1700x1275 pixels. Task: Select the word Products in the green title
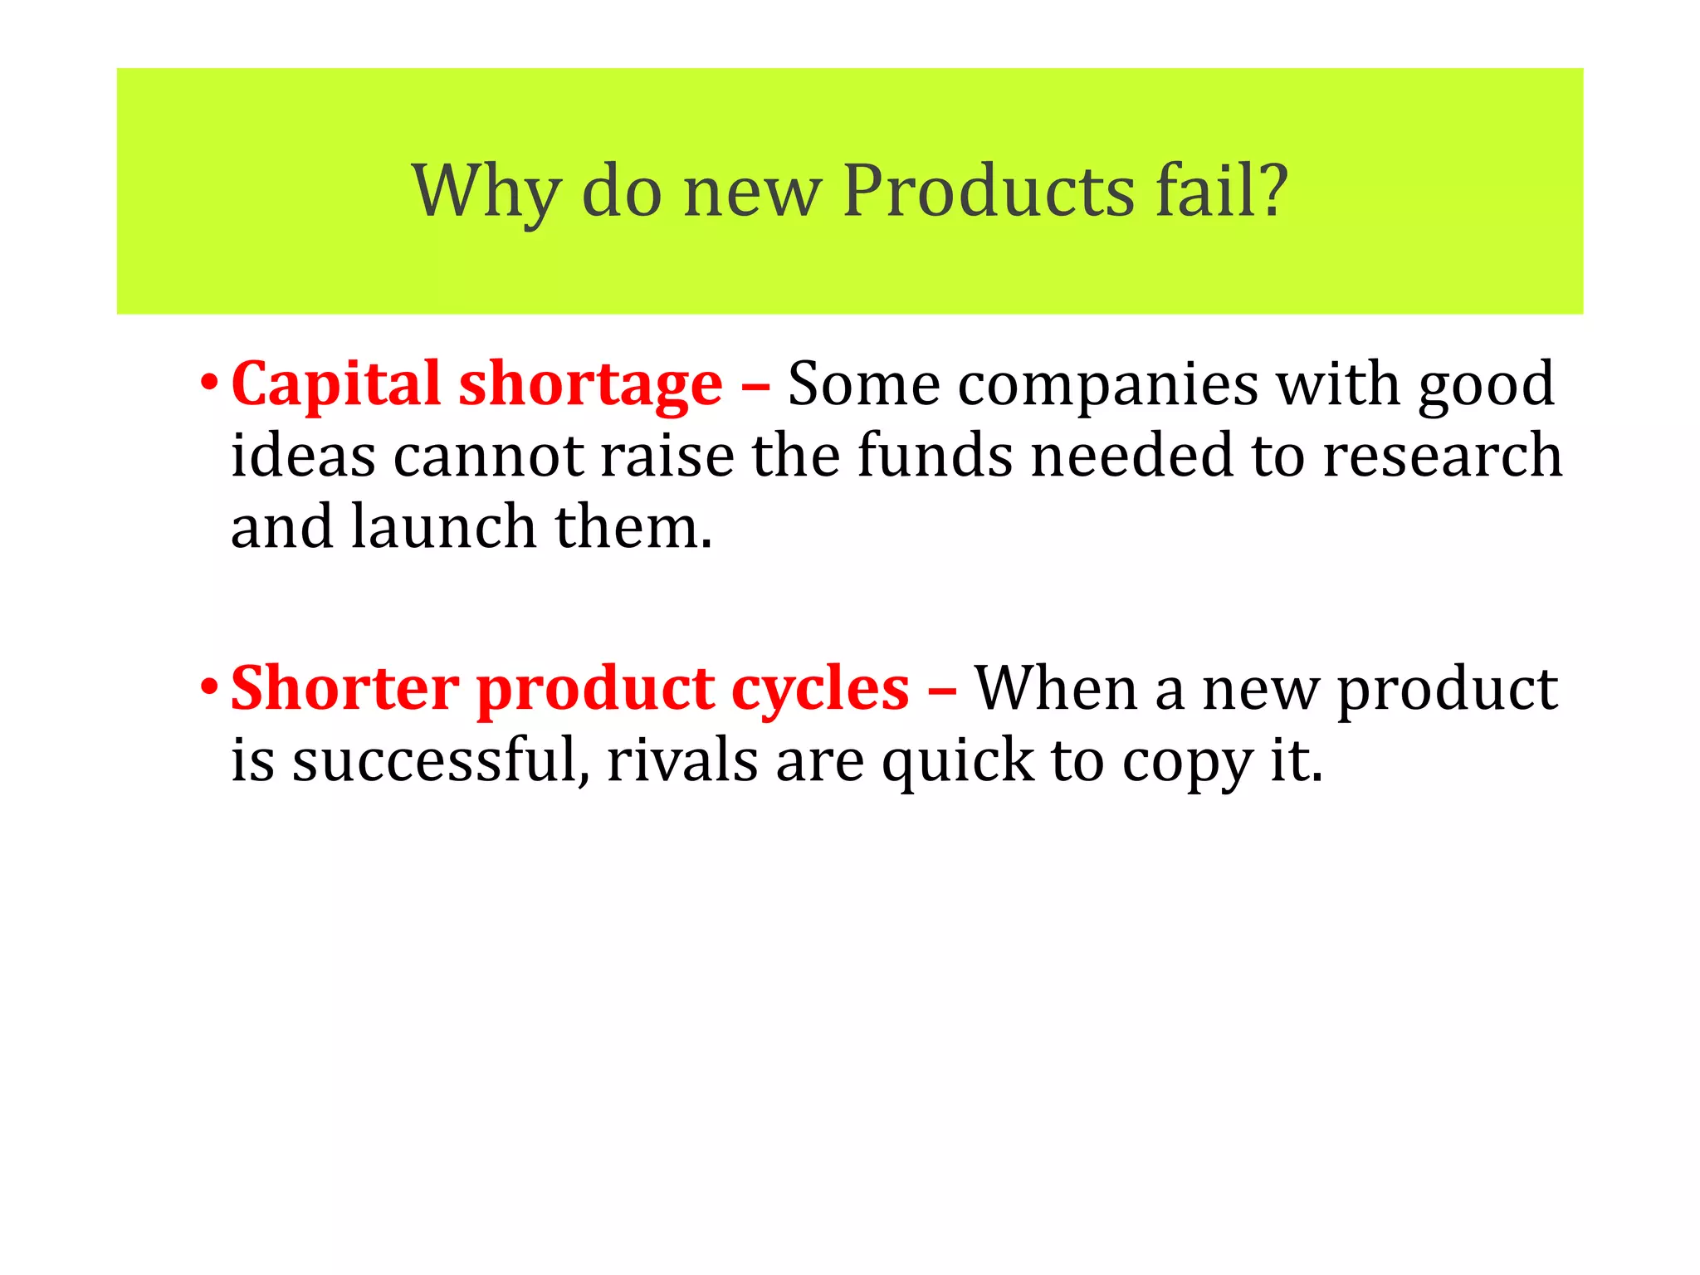point(988,192)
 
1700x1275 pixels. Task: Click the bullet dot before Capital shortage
point(209,384)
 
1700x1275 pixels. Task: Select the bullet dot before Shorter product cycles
point(209,689)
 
